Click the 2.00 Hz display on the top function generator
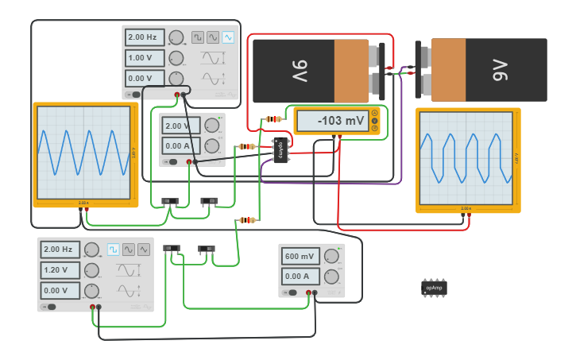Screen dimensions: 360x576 pyautogui.click(x=144, y=37)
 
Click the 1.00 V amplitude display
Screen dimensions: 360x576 pyautogui.click(x=144, y=58)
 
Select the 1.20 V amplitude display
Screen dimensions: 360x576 pyautogui.click(x=60, y=270)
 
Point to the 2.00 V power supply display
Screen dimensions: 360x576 pyautogui.click(x=180, y=126)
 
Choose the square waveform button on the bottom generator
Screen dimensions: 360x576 pyautogui.click(x=114, y=250)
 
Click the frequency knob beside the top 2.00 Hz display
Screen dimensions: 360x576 pyautogui.click(x=176, y=37)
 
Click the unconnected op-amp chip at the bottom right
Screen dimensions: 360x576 pyautogui.click(x=434, y=288)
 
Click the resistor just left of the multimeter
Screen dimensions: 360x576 pyautogui.click(x=273, y=119)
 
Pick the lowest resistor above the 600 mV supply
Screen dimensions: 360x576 pyautogui.click(x=248, y=220)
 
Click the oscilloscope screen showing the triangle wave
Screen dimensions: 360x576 pyautogui.click(x=83, y=152)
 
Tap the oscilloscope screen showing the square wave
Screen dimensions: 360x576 pyautogui.click(x=467, y=159)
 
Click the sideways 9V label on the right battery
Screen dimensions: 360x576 pyautogui.click(x=499, y=70)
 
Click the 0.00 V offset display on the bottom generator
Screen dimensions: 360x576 pyautogui.click(x=60, y=291)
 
